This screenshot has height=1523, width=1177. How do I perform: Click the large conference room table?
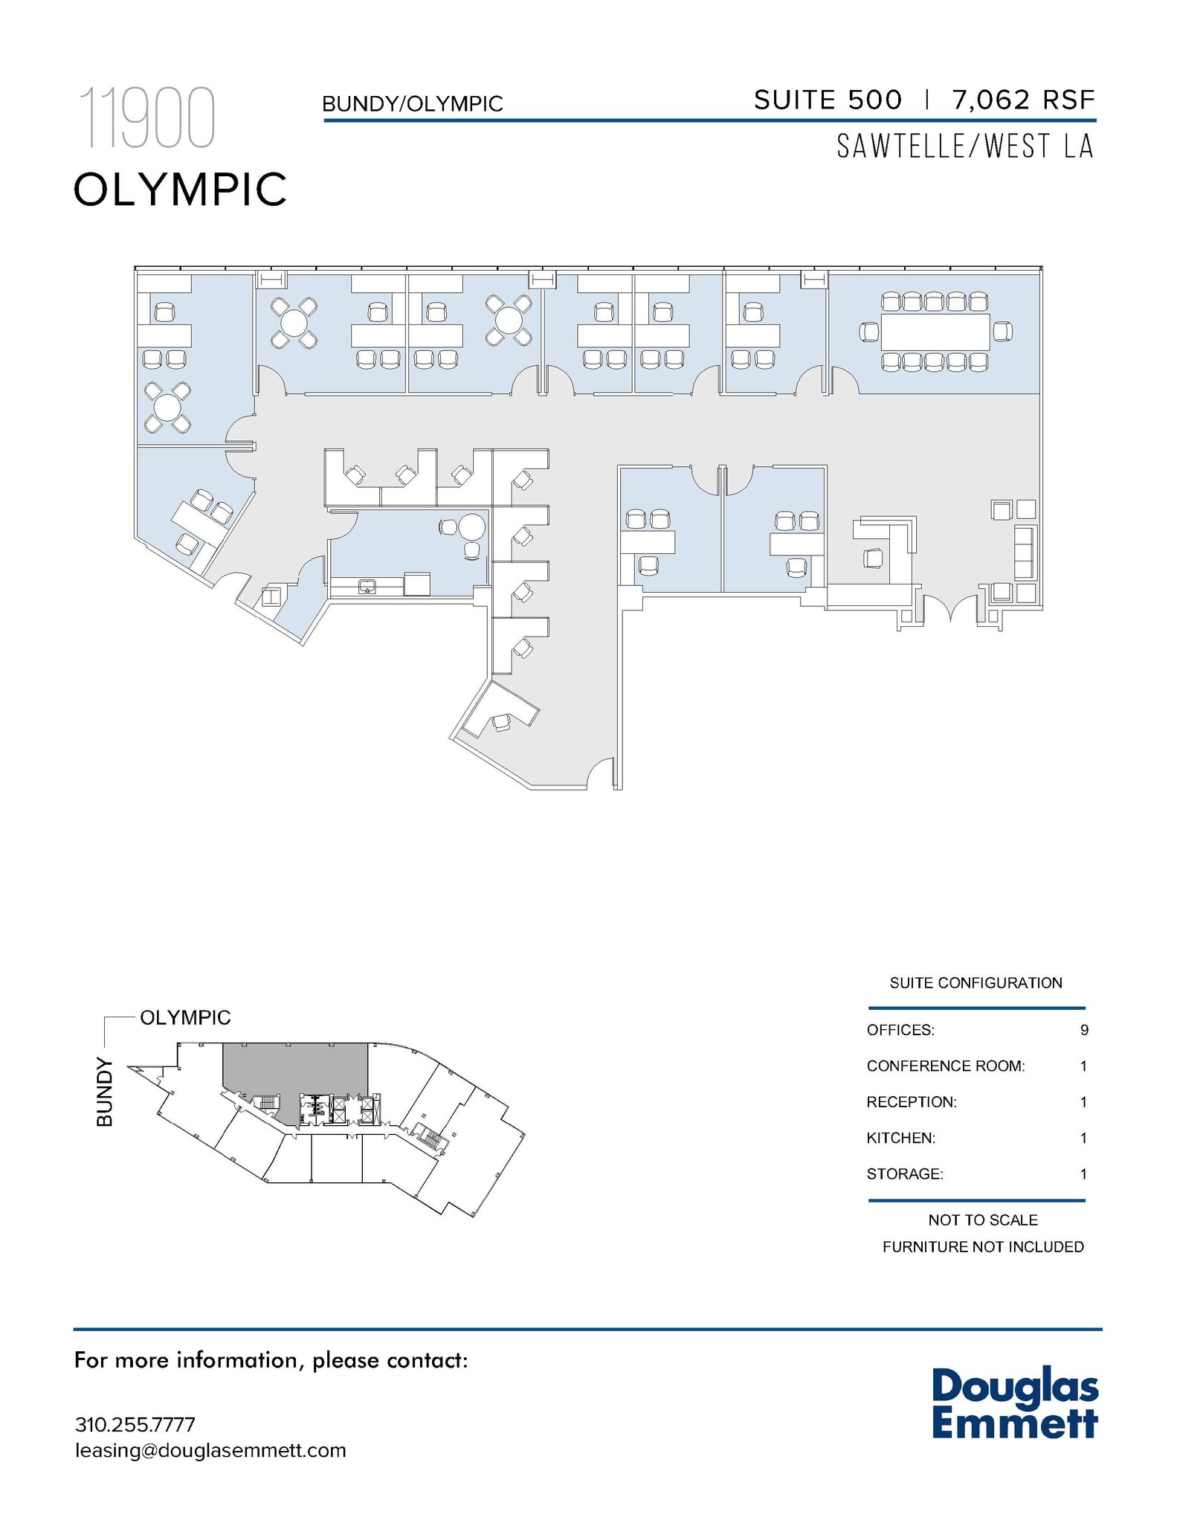(x=935, y=332)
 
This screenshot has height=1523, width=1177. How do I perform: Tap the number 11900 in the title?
(x=147, y=117)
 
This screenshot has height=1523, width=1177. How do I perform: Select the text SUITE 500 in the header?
(x=828, y=100)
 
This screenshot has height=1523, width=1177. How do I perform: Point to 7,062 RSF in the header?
(x=1023, y=100)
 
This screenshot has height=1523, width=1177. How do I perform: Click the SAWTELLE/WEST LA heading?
(x=964, y=146)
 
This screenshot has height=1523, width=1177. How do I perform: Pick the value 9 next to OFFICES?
(x=1084, y=1030)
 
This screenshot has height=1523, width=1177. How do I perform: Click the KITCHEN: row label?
(x=900, y=1138)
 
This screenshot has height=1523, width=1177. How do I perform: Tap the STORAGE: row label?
(x=904, y=1173)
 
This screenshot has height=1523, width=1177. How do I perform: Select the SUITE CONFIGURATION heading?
(x=976, y=983)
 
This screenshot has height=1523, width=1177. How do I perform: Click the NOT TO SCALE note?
(x=982, y=1220)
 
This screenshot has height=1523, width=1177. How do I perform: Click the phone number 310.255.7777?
(x=135, y=1424)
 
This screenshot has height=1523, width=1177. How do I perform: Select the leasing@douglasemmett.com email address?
(x=210, y=1450)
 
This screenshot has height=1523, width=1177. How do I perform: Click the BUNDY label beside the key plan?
(x=105, y=1092)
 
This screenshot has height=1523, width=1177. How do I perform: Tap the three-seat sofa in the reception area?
(x=1024, y=551)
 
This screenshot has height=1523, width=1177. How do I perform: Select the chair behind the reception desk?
(x=873, y=557)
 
